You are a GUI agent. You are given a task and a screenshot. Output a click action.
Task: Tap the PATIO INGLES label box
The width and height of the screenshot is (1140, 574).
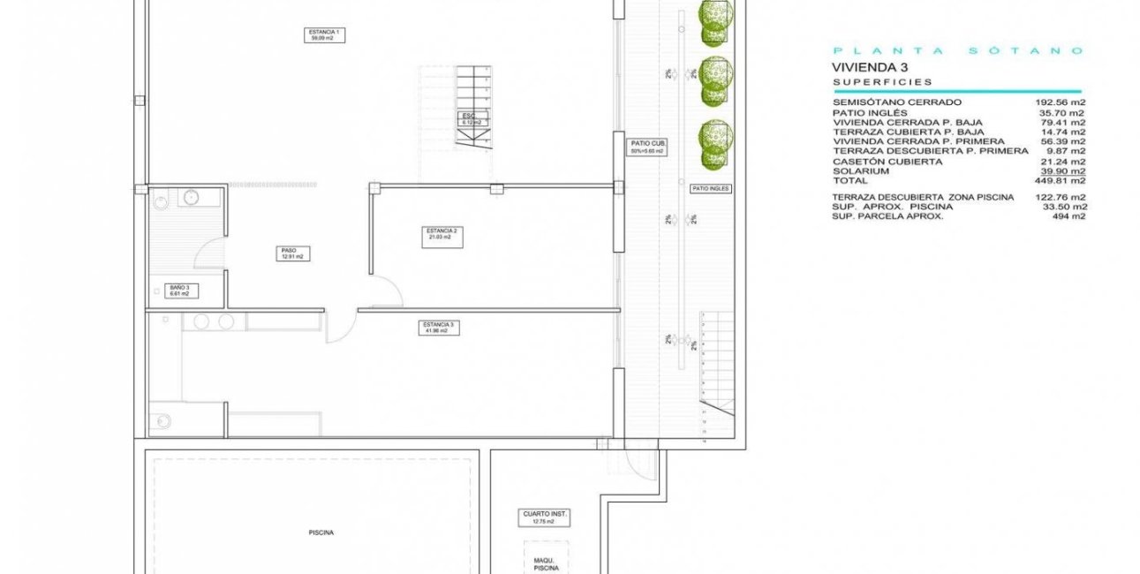[710, 189]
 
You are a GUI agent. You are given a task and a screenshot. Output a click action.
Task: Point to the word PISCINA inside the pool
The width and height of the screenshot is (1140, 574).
[321, 532]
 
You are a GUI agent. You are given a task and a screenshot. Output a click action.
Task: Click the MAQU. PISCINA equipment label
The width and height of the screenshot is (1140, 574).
[546, 564]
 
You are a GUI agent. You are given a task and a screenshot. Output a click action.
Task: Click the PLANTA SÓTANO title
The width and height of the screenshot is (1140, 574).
[957, 51]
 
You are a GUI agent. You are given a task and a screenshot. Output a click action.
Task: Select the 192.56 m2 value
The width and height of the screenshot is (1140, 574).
[1060, 102]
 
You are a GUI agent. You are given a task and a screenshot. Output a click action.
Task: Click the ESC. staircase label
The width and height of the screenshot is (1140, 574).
[471, 119]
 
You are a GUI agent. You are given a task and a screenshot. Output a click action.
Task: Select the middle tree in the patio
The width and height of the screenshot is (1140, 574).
[714, 72]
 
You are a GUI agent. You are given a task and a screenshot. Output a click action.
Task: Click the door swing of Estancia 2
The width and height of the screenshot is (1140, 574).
[387, 290]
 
